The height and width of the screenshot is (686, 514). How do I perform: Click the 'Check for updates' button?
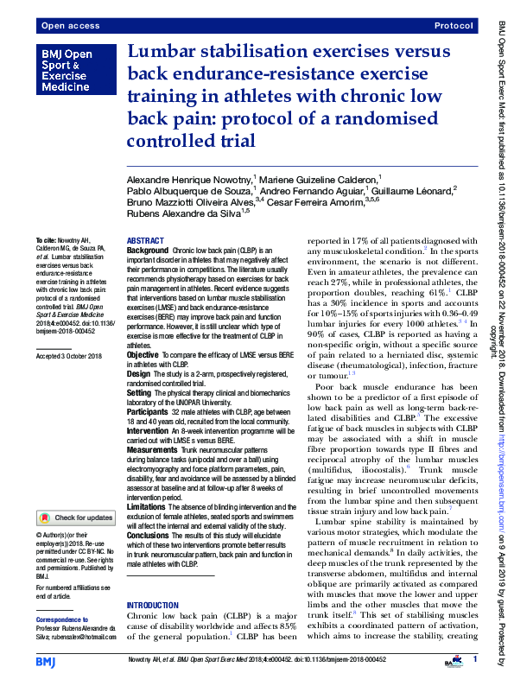pos(75,518)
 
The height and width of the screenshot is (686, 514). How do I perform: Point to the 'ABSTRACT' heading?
pos(145,240)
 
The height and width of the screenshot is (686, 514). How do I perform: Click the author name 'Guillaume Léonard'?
pos(417,192)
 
